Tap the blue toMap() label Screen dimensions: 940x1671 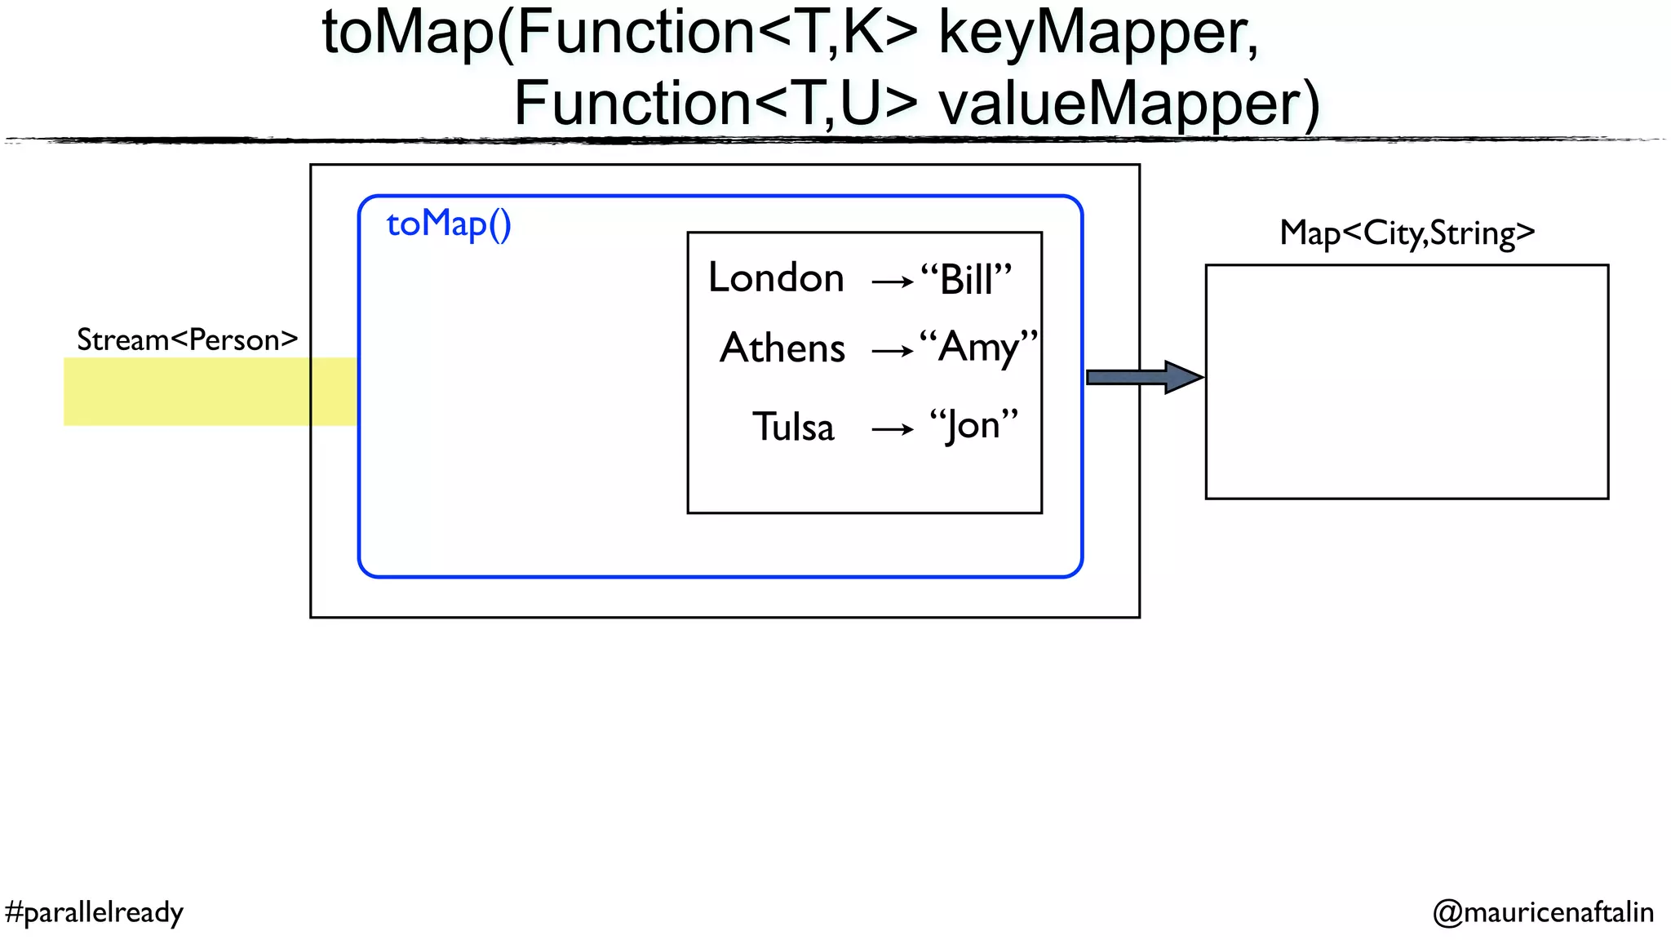click(x=449, y=224)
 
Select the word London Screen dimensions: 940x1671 click(x=776, y=278)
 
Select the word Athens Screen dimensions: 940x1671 click(x=782, y=348)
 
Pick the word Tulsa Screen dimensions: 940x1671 click(x=793, y=428)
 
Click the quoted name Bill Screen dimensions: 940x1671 click(x=966, y=280)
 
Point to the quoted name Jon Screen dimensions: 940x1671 click(x=974, y=426)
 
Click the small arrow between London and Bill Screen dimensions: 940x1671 click(x=893, y=282)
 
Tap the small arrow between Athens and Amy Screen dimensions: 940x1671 click(x=893, y=352)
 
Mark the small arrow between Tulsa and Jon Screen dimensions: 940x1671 click(x=893, y=429)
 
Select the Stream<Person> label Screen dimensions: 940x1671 click(x=187, y=339)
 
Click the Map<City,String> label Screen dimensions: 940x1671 click(x=1407, y=233)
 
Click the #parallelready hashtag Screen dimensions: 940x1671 click(x=94, y=911)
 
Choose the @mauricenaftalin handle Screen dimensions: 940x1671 click(x=1543, y=911)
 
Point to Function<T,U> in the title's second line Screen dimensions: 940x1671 click(x=716, y=104)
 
